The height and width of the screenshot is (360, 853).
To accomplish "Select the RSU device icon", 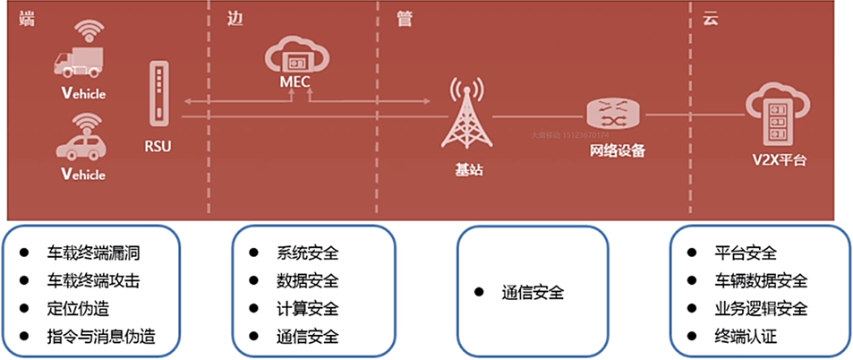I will pos(158,95).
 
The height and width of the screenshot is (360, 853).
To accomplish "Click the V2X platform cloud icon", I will pos(778,113).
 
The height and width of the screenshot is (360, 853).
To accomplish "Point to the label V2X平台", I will pos(779,161).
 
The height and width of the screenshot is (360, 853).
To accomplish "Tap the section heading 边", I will pos(235,18).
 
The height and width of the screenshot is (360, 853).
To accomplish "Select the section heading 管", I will pos(404,18).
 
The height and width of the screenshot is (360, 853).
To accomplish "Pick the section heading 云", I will pos(710,18).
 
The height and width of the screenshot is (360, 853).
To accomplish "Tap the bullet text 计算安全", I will pos(308,309).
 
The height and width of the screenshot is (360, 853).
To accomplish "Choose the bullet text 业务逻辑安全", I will pos(762,309).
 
